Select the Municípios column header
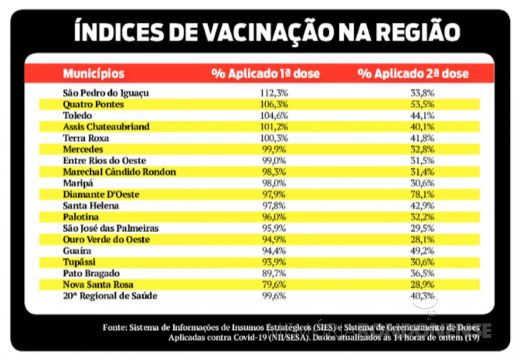pos(94,73)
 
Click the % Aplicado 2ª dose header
pos(413,74)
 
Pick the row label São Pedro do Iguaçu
pos(106,93)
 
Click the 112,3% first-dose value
pos(274,93)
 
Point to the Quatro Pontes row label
pos(93,104)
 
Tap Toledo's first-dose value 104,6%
pos(274,116)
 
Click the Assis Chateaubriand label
pos(106,127)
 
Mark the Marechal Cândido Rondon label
pos(119,172)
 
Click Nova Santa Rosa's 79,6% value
pos(274,285)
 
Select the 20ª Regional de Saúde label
pos(110,296)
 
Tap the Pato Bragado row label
pos(91,273)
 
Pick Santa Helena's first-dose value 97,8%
pos(274,206)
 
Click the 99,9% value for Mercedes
pos(274,150)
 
